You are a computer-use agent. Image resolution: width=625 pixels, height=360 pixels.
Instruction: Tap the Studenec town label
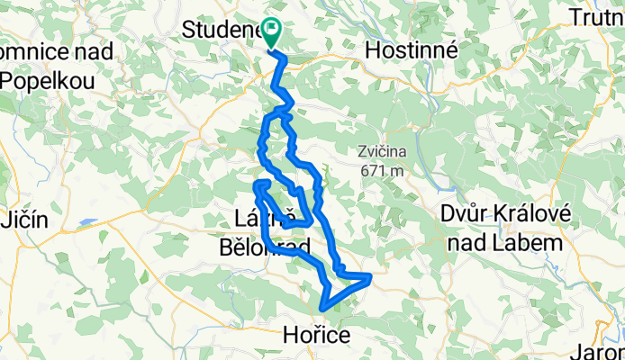pyautogui.click(x=221, y=30)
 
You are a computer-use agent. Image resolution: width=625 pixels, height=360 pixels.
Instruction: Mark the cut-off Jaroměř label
pyautogui.click(x=603, y=352)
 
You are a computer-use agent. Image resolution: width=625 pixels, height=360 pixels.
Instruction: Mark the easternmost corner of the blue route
pyautogui.click(x=370, y=276)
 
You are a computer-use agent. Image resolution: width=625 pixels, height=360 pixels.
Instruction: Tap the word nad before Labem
pyautogui.click(x=483, y=242)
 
